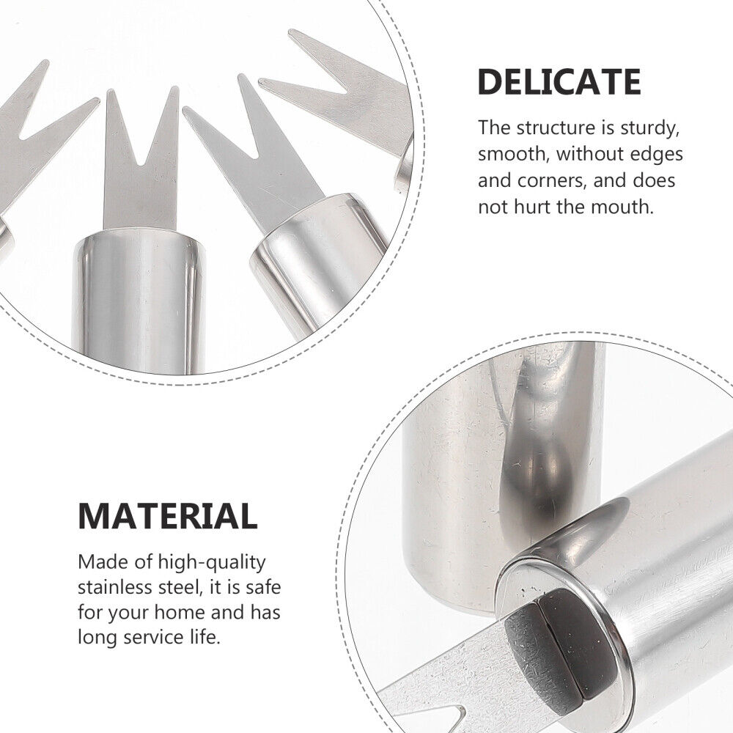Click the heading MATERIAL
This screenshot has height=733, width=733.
(x=168, y=516)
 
